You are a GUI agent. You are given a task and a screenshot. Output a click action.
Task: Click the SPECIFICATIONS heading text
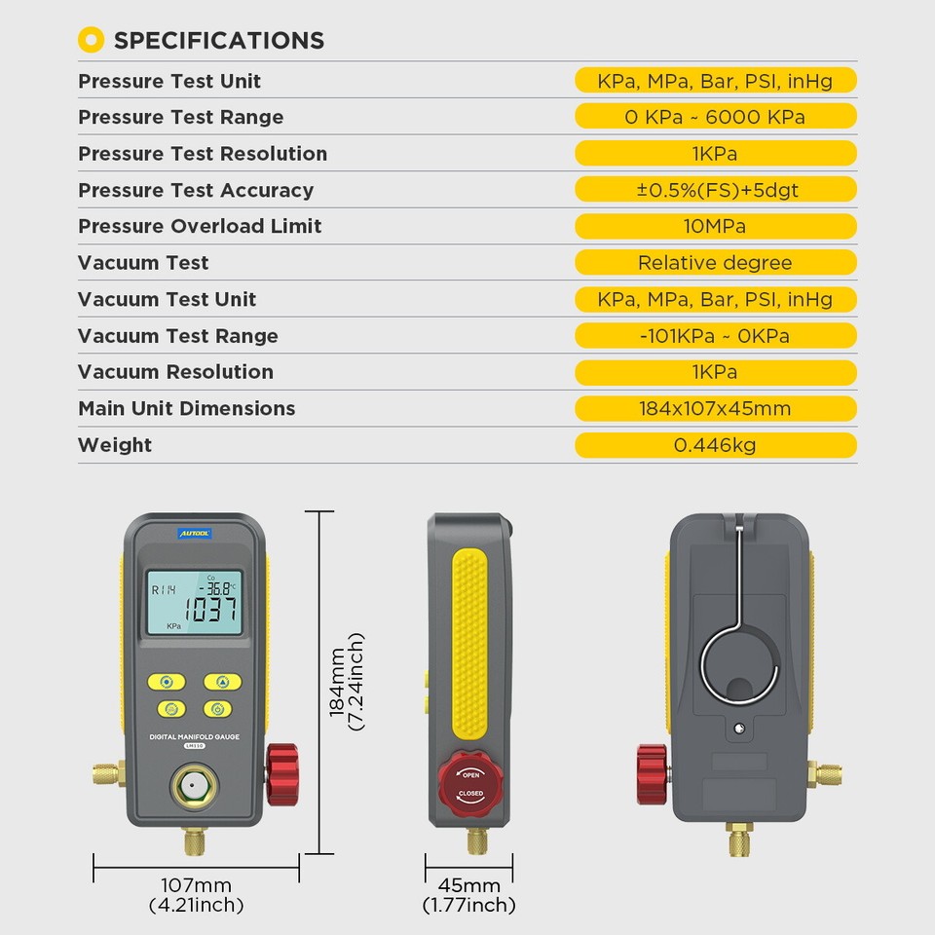click(x=219, y=41)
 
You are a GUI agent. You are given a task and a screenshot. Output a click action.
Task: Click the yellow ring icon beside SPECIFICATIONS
click(x=91, y=40)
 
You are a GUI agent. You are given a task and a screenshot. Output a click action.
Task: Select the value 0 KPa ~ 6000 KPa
click(x=715, y=117)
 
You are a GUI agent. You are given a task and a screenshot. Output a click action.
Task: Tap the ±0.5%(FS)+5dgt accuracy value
click(x=715, y=190)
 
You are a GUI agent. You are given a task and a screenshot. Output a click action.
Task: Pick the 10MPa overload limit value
click(x=715, y=226)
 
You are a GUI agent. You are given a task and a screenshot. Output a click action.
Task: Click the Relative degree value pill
click(x=715, y=263)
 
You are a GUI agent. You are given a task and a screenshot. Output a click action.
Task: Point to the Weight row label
click(x=115, y=445)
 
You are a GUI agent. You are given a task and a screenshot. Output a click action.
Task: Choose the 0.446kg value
click(x=715, y=445)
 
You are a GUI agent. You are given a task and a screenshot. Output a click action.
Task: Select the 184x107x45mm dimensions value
click(x=715, y=408)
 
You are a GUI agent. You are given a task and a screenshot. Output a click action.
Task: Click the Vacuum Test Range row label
click(x=178, y=336)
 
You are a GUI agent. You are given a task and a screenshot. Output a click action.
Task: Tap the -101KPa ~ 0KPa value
click(x=715, y=336)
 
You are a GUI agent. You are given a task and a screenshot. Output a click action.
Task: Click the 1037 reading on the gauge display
click(x=211, y=611)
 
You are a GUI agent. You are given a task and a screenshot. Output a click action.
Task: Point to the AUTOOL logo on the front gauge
click(x=194, y=534)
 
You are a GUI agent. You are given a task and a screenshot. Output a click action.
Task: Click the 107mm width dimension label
click(x=196, y=885)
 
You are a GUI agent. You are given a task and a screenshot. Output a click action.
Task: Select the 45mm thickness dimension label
click(x=468, y=885)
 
